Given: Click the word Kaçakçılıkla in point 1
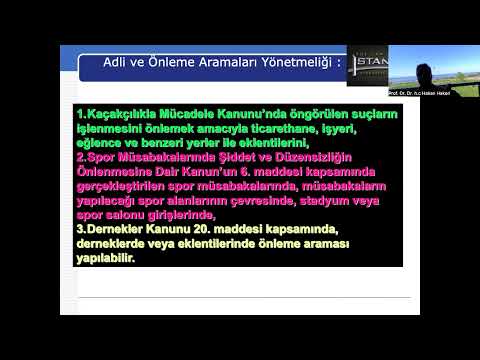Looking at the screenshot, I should click(x=124, y=114).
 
